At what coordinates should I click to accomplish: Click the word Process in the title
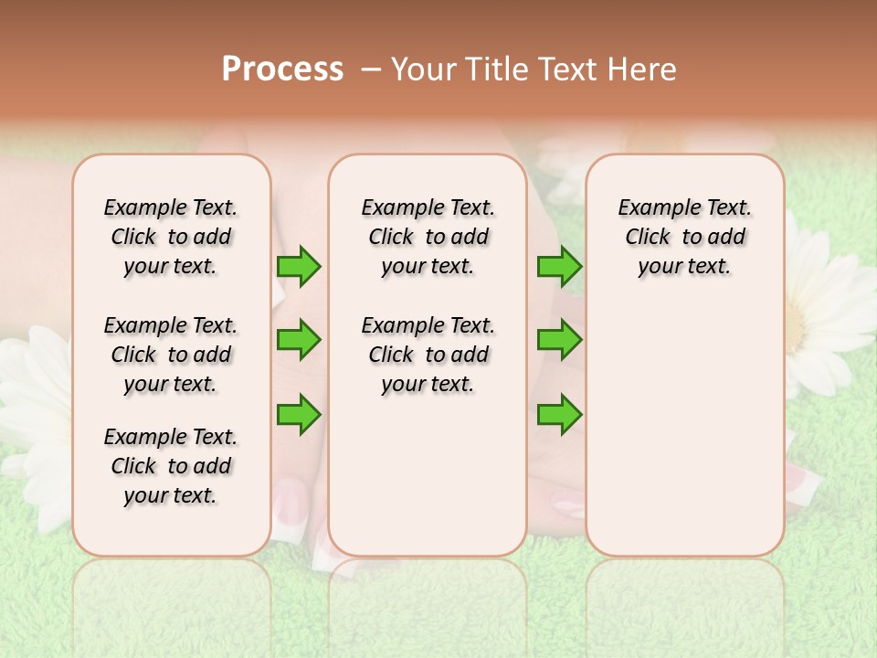(x=282, y=69)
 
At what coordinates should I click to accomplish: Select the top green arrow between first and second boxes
(x=299, y=267)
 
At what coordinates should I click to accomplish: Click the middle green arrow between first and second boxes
(x=299, y=340)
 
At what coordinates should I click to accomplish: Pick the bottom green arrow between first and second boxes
(x=299, y=413)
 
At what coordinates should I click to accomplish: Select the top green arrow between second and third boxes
(x=559, y=267)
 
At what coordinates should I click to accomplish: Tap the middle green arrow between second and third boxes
(x=559, y=340)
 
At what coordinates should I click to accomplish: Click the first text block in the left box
(x=171, y=237)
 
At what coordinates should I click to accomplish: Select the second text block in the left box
(x=171, y=355)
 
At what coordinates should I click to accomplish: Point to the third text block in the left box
(x=171, y=466)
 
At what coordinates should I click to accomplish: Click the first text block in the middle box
(x=428, y=237)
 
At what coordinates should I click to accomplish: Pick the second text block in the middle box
(x=428, y=355)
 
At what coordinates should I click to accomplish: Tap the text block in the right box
(x=685, y=237)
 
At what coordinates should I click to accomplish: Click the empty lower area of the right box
(x=685, y=430)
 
